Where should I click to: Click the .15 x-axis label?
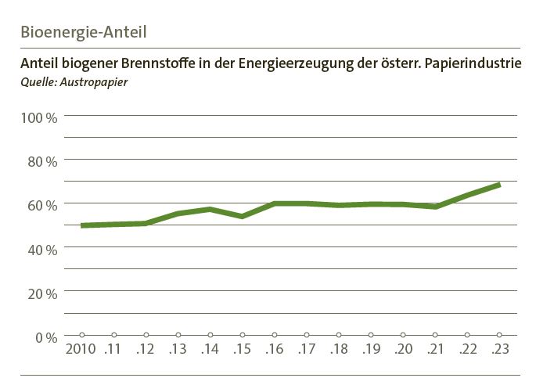point(242,349)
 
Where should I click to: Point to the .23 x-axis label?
point(499,349)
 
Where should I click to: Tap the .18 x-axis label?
point(338,349)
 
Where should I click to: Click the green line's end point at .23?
point(499,185)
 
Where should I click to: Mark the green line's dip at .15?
point(243,216)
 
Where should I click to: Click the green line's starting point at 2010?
point(82,225)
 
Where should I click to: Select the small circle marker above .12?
point(146,335)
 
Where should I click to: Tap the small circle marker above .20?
point(403,335)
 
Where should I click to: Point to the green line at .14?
point(210,209)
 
